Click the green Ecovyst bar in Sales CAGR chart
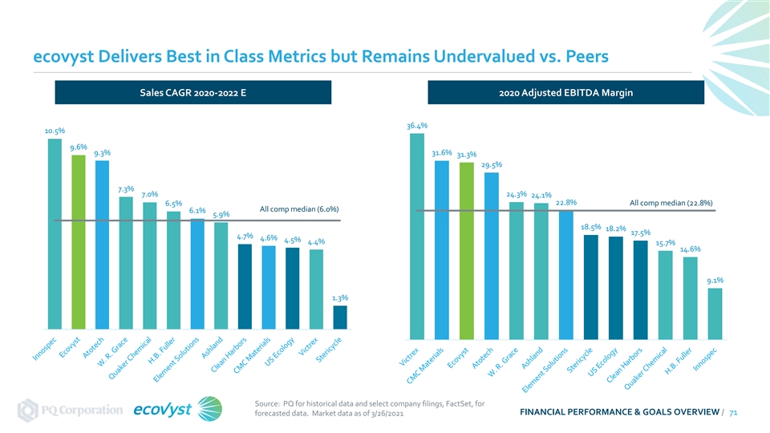pos(79,242)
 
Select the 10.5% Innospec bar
pos(55,233)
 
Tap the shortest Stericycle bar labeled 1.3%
pos(340,318)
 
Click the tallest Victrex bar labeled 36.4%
pos(417,236)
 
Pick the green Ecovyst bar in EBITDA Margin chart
pos(467,251)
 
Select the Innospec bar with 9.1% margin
pos(715,314)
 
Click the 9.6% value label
pos(79,148)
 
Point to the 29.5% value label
pos(492,165)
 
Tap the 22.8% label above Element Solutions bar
pos(566,202)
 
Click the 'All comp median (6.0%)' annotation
pos(299,209)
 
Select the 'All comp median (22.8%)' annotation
pos(671,203)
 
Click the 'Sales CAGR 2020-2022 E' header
pos(193,92)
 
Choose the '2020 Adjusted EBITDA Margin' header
pos(565,92)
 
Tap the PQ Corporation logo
pos(71,410)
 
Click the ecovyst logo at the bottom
pos(178,409)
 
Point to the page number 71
pos(733,412)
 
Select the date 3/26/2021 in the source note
pos(387,414)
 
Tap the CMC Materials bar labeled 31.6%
pos(441,250)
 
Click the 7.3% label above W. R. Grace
pos(126,189)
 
